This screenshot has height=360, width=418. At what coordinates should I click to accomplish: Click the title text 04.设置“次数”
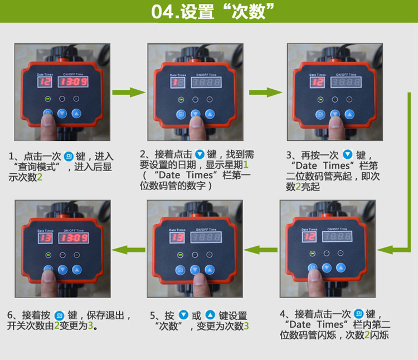[x=212, y=12]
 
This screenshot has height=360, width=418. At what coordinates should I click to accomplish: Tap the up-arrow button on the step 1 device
[x=76, y=114]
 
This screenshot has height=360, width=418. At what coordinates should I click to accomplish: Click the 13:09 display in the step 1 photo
[x=73, y=82]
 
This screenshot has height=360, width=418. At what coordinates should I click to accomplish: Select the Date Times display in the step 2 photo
[x=178, y=82]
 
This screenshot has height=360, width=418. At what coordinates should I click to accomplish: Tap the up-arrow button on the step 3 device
[x=349, y=115]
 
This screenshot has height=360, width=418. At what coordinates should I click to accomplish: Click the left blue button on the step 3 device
[x=320, y=115]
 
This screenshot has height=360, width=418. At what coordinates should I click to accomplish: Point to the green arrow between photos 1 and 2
[x=129, y=93]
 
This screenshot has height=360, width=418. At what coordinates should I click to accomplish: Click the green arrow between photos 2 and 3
[x=265, y=93]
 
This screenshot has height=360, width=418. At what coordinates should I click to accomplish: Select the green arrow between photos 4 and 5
[x=260, y=250]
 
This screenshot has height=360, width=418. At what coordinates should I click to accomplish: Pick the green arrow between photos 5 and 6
[x=128, y=250]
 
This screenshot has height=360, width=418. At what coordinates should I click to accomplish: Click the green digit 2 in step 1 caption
[x=40, y=177]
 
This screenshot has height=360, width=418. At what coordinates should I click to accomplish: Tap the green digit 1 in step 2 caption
[x=246, y=165]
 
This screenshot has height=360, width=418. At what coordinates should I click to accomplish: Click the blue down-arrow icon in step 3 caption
[x=347, y=154]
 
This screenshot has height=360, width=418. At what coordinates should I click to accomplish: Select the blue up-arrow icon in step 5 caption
[x=210, y=315]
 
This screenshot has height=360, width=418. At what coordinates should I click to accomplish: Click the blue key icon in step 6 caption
[x=59, y=316]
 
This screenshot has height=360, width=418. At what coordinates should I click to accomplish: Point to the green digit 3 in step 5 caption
[x=246, y=326]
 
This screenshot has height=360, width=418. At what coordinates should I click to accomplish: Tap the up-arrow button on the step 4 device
[x=341, y=267]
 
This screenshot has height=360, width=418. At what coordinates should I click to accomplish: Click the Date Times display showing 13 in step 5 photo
[x=177, y=237]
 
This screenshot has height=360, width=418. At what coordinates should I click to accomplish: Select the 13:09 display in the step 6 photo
[x=74, y=238]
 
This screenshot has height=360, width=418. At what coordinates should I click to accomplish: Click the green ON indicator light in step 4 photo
[x=313, y=254]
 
